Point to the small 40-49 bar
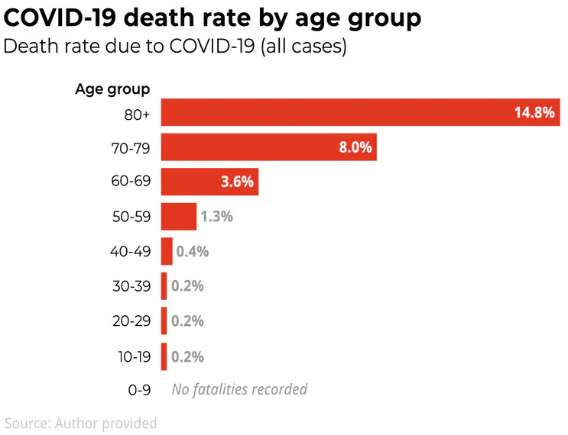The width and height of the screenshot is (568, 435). (167, 251)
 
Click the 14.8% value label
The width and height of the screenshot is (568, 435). (534, 113)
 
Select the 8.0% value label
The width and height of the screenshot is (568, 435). (355, 147)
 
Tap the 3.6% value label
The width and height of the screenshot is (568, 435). (237, 182)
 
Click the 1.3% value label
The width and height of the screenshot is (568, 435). (216, 217)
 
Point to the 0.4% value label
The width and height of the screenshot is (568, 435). (193, 251)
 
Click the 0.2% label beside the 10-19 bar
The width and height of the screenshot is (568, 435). (187, 356)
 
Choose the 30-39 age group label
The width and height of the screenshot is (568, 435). (131, 286)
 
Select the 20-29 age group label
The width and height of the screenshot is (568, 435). (131, 321)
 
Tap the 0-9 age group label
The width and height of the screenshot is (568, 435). (138, 390)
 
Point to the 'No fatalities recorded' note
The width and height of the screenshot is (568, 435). (239, 390)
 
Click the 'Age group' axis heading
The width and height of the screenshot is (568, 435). (112, 89)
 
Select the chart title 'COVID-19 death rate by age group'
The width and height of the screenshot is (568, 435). (213, 18)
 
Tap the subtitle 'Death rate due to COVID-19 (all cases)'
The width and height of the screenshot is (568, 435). (176, 47)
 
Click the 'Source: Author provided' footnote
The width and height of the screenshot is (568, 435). (80, 423)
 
